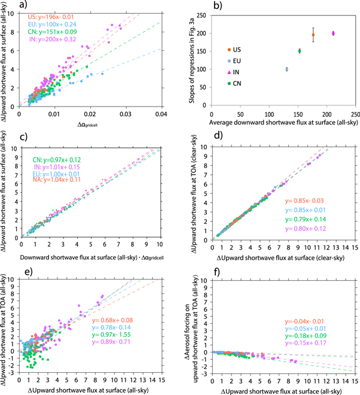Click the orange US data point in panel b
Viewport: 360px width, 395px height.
coord(313,35)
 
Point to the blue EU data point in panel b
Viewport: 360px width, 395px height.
coord(287,69)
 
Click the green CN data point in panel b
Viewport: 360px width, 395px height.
coord(300,51)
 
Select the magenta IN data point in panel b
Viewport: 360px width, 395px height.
coord(333,34)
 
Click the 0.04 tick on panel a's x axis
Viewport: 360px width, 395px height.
coord(160,113)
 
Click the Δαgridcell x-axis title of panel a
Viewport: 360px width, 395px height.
coord(90,123)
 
